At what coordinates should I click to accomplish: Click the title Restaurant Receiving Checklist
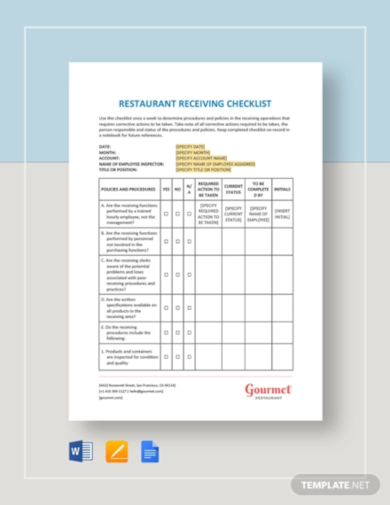(x=194, y=102)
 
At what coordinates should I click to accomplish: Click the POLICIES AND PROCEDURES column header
(x=127, y=187)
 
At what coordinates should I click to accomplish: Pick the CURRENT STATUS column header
(x=233, y=187)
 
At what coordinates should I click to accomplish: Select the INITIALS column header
(x=282, y=187)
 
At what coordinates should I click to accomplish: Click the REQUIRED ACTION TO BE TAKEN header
(x=208, y=188)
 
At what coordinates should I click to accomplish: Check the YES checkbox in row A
(x=164, y=213)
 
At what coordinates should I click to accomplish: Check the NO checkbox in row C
(x=177, y=268)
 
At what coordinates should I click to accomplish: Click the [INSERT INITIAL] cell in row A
(x=282, y=213)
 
